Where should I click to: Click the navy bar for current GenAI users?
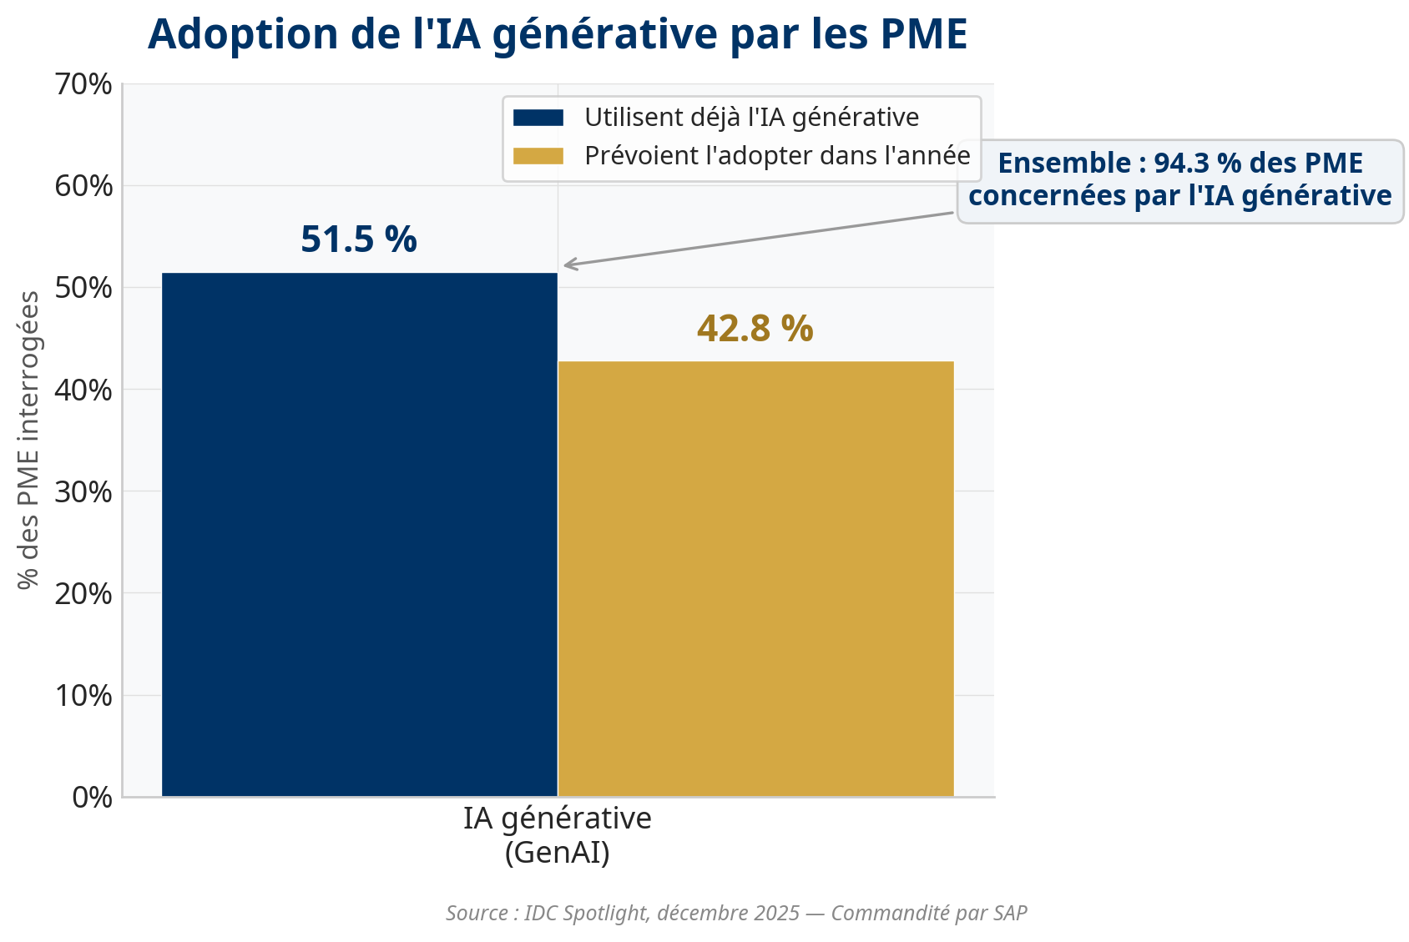[359, 534]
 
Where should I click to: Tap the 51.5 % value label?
[359, 239]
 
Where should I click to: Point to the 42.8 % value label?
[755, 328]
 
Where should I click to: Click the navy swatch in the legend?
[538, 118]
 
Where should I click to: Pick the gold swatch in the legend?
[538, 156]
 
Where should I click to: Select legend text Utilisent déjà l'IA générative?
[751, 118]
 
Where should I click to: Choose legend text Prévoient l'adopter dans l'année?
[777, 156]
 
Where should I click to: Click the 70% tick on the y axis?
[83, 84]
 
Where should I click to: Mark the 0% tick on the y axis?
[92, 798]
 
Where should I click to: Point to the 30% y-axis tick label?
[83, 492]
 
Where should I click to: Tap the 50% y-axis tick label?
[83, 289]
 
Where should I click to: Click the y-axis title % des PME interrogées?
[28, 440]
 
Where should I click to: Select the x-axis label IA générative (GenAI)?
[558, 835]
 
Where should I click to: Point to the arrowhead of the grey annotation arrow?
[567, 266]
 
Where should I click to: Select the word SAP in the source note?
[1010, 913]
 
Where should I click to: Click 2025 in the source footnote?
[777, 913]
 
